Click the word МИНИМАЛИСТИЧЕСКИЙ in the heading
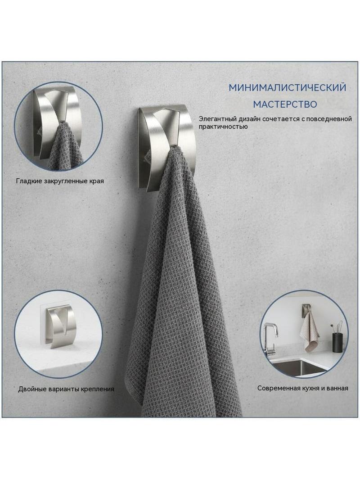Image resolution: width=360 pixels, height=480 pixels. [x=287, y=87]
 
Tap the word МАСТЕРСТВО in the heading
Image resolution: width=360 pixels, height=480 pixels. [x=285, y=104]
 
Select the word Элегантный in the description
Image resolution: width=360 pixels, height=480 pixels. [x=213, y=119]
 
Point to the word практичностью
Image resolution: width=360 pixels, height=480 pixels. [x=223, y=127]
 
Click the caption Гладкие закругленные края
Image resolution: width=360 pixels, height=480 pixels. [x=60, y=181]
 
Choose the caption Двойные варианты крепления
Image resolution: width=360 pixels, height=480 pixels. [x=66, y=389]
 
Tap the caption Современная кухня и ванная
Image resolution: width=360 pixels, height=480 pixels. [x=302, y=388]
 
